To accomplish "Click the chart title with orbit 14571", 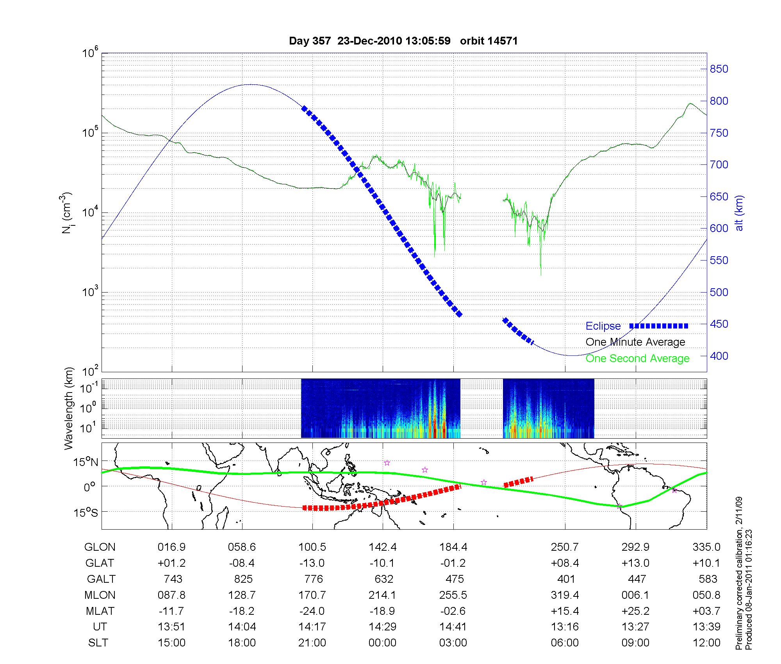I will pos(403,41).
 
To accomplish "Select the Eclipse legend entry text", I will pos(603,326).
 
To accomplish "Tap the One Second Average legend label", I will pos(637,359).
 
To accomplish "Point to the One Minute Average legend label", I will pos(635,342).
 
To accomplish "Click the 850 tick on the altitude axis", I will pos(719,69).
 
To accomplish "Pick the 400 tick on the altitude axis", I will pos(719,356).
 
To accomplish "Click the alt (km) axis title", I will pos(739,213).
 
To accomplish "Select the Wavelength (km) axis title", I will pos(69,408).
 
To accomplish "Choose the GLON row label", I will pos(100,547).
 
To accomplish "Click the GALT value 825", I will pos(243,579).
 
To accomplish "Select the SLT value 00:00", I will pos(382,643).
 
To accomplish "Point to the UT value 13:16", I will pos(565,627).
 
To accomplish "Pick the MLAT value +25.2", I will pos(635,611).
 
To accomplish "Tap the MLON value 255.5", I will pos(453,595).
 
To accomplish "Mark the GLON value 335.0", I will pos(706,547).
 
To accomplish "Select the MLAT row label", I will pos(100,611).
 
